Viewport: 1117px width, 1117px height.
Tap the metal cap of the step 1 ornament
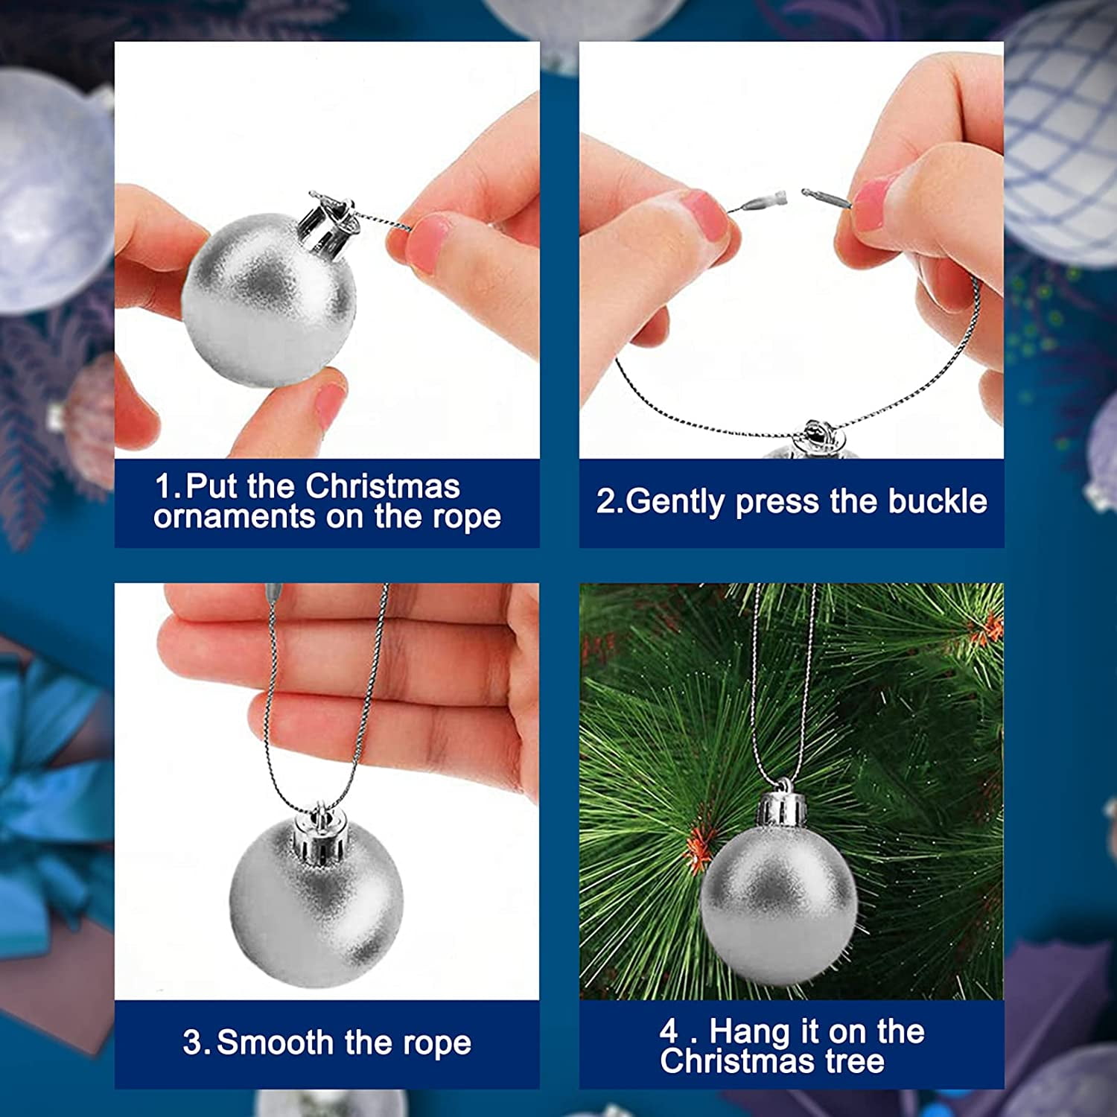pos(328,219)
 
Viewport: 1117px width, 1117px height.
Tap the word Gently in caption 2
pos(675,503)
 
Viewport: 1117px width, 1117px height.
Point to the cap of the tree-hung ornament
pos(783,809)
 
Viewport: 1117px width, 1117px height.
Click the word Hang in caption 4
pos(750,1032)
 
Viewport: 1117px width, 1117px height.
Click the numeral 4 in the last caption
pos(669,1031)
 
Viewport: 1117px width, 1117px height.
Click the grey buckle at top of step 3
pos(273,593)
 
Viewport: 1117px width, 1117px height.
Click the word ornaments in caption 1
pos(234,517)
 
